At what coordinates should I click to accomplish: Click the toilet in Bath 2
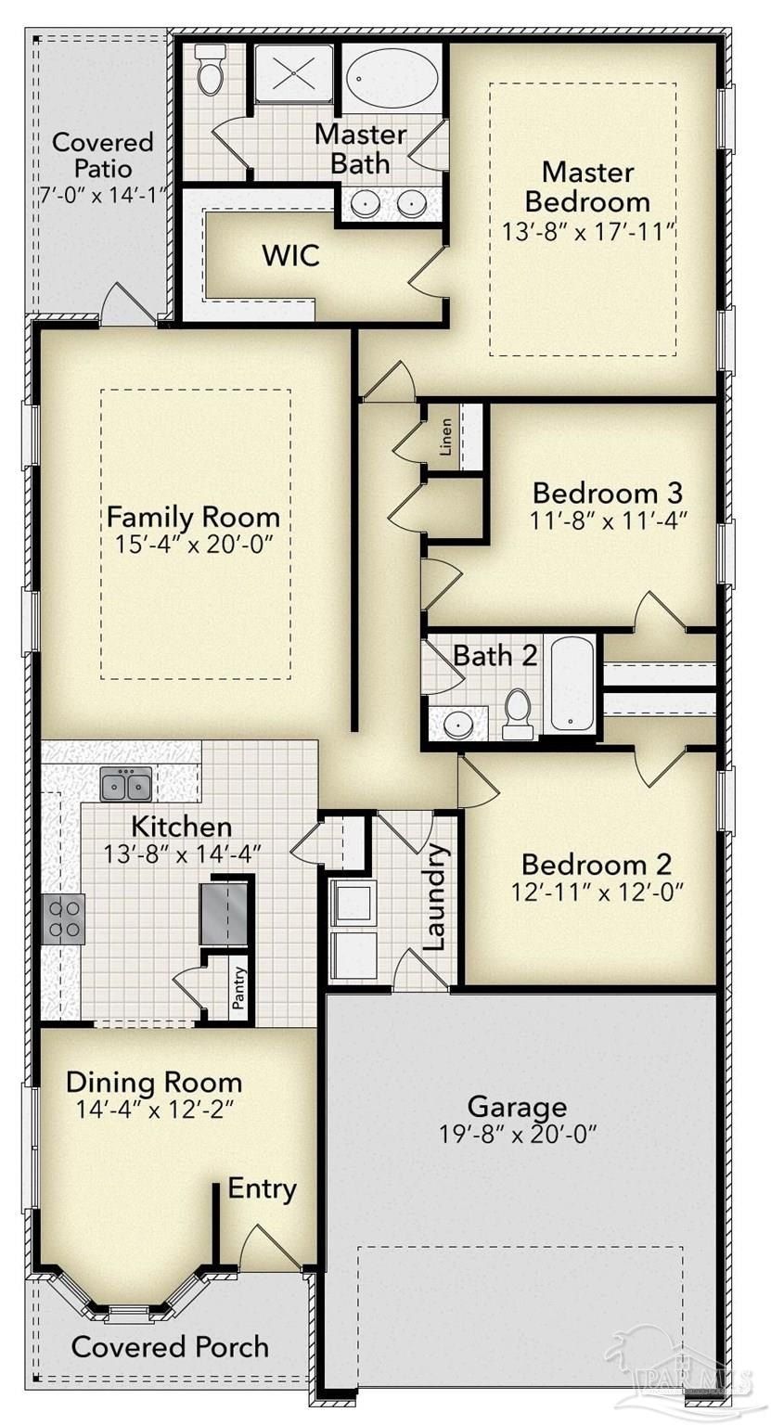[518, 714]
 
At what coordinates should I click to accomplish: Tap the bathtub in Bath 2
[571, 685]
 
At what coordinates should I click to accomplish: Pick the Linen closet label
[446, 438]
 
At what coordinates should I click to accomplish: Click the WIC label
[291, 255]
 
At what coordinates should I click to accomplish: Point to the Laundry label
[435, 897]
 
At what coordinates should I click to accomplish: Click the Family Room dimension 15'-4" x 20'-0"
[193, 544]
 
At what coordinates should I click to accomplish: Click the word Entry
[263, 1188]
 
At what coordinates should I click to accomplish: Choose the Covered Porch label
[170, 1346]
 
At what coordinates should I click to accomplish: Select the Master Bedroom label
[587, 186]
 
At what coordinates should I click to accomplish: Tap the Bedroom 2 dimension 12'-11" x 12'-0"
[596, 893]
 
